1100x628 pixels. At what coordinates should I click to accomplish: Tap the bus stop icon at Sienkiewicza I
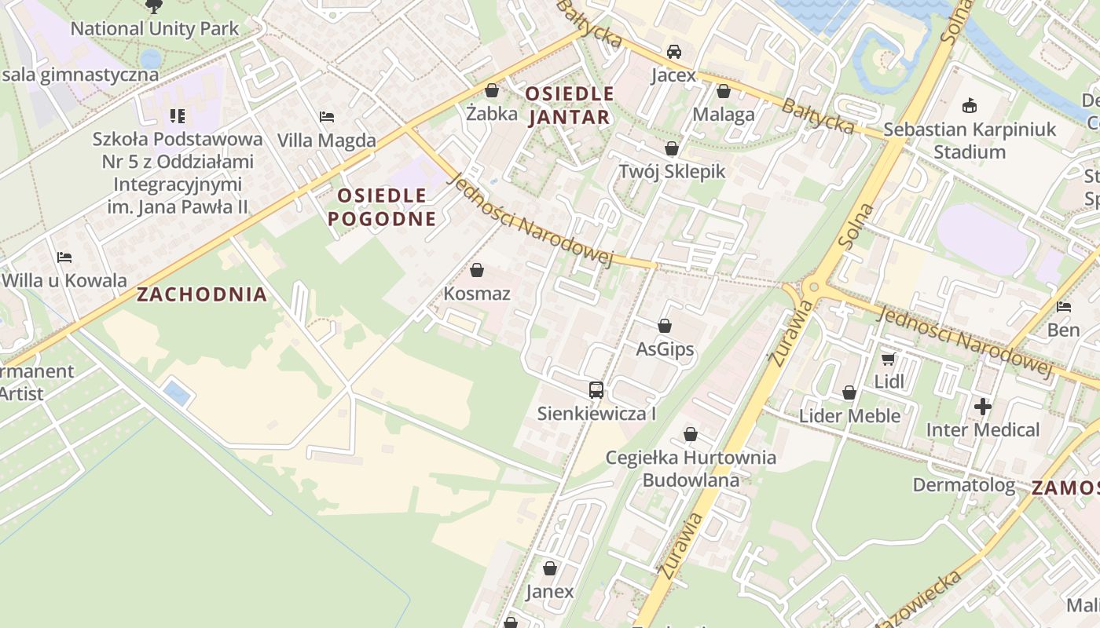click(596, 389)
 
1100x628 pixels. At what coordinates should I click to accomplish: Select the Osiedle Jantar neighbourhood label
click(569, 105)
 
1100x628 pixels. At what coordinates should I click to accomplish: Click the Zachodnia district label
click(202, 294)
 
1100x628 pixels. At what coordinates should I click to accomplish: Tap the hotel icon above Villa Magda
click(327, 117)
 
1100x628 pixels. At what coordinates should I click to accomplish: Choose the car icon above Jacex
click(673, 52)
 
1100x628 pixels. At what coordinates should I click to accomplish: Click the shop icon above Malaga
click(724, 91)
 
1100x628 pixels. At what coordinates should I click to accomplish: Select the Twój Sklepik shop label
click(672, 171)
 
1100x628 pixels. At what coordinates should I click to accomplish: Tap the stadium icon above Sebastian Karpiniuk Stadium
click(970, 105)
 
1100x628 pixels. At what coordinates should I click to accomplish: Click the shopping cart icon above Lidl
click(889, 359)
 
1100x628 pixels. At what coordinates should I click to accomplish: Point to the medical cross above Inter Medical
click(982, 407)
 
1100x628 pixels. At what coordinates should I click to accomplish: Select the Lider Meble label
click(849, 415)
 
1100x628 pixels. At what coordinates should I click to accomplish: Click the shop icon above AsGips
click(665, 326)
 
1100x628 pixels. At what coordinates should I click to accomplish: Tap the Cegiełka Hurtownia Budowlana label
click(691, 468)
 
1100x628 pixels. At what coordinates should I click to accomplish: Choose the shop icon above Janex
click(550, 568)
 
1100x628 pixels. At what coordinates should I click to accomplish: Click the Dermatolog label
click(963, 484)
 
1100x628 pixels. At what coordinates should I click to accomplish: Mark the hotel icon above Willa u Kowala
click(64, 257)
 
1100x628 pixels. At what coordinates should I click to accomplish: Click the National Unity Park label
click(155, 29)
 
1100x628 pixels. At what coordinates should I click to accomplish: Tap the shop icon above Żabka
click(492, 90)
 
